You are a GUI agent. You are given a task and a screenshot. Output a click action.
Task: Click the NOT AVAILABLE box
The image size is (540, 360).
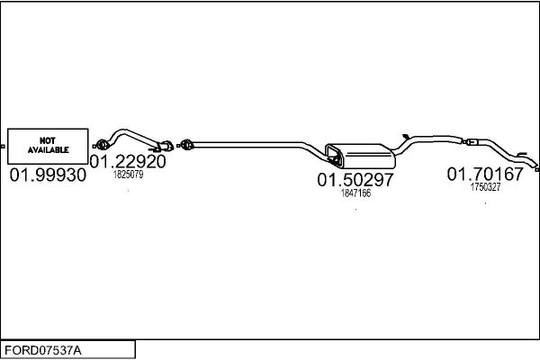(x=49, y=145)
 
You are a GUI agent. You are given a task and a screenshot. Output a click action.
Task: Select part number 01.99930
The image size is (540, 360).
(x=48, y=175)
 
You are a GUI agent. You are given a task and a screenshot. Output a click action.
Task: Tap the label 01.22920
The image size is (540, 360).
(x=127, y=162)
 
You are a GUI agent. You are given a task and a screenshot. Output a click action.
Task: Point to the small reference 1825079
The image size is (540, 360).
(x=127, y=175)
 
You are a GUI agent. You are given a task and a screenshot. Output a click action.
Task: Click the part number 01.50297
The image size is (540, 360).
(x=355, y=180)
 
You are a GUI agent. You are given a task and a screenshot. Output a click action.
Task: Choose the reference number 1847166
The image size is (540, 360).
(x=355, y=193)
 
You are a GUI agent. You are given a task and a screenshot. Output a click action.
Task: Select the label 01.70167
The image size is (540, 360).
(x=485, y=175)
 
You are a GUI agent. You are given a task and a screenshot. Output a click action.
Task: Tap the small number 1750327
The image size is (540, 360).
(x=485, y=187)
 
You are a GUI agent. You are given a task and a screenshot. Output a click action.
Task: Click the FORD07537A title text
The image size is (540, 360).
(x=44, y=349)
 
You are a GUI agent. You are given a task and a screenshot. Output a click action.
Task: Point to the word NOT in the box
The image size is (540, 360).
(x=48, y=140)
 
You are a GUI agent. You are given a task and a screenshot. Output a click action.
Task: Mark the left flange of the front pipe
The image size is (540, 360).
(x=103, y=144)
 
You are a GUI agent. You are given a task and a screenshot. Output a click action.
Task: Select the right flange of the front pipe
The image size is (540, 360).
(x=166, y=145)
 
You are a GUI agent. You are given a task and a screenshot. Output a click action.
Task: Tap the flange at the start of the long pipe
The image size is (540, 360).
(x=187, y=143)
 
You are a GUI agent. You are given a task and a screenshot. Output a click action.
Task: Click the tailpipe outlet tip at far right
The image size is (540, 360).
(x=536, y=167)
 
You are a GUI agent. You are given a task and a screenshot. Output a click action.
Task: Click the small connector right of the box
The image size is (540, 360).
(x=94, y=145)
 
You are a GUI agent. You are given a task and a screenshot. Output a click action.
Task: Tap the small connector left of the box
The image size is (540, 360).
(x=3, y=145)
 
